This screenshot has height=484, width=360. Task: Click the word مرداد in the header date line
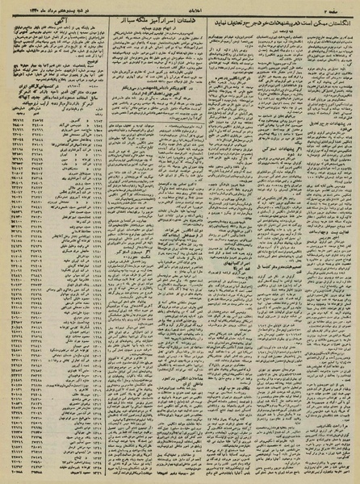36,6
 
